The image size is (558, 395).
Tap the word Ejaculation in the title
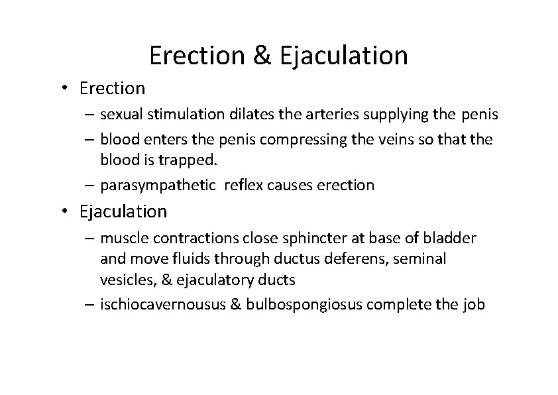[344, 56]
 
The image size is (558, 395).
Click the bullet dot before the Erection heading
[67, 88]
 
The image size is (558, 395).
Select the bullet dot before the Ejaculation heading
[67, 212]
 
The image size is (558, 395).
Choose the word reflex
[243, 185]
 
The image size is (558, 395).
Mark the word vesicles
[124, 280]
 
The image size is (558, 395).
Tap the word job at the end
[475, 306]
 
